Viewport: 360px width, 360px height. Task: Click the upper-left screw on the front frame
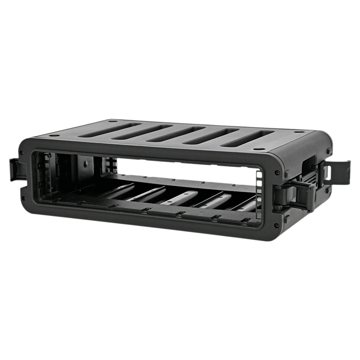click(22, 152)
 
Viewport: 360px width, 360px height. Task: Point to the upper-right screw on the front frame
click(277, 172)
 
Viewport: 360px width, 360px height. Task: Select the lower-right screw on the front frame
click(276, 225)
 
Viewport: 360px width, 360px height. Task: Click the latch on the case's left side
click(15, 169)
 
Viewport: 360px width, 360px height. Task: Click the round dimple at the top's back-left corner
click(112, 122)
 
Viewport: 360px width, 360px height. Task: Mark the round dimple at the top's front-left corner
click(54, 135)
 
